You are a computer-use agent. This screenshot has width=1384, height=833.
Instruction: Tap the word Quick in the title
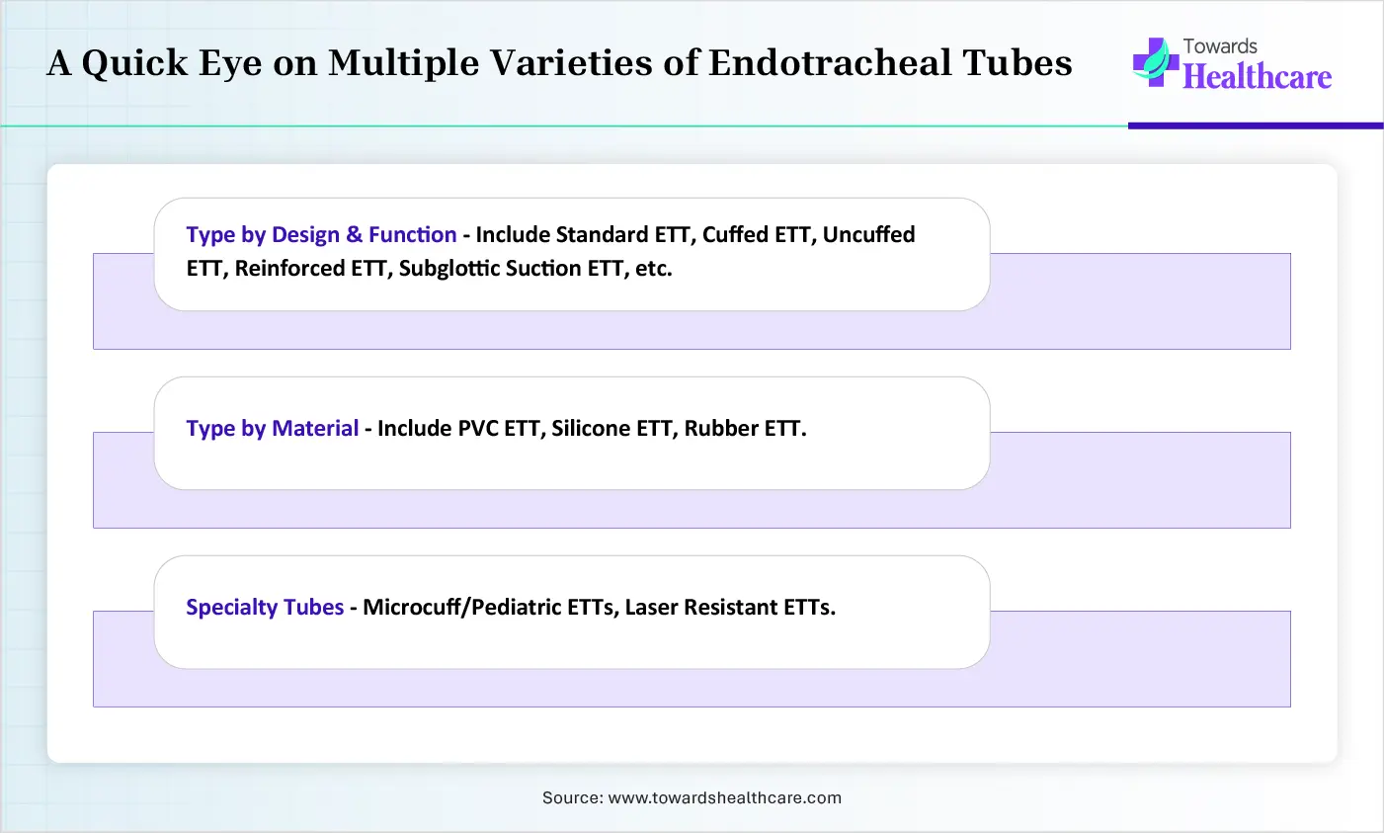[134, 63]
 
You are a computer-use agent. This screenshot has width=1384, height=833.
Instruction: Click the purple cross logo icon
[1156, 62]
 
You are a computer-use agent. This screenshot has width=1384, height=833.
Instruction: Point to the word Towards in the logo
[1220, 46]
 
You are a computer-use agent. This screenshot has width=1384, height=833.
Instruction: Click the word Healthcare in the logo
[1258, 77]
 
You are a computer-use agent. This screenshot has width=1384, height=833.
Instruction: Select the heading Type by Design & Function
[321, 235]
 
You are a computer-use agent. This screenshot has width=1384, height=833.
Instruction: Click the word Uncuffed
[868, 235]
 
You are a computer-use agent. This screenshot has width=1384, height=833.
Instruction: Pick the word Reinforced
[289, 268]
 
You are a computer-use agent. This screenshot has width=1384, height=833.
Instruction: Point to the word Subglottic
[449, 269]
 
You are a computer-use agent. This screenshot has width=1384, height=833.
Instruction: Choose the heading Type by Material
[273, 428]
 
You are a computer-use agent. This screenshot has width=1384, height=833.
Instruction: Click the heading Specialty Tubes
[265, 608]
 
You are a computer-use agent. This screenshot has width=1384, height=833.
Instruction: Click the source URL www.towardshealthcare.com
[725, 797]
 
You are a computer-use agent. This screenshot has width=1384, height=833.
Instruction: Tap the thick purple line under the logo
[1256, 125]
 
